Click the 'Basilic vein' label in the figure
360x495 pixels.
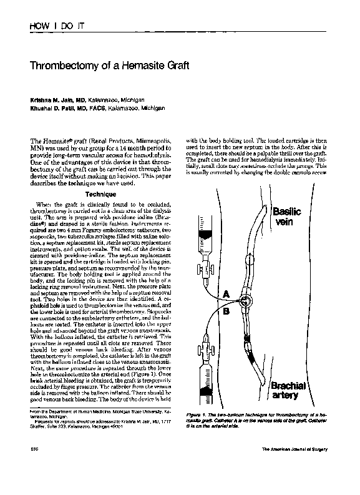tap(286, 217)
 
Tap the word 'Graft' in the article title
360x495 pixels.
tap(167, 65)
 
